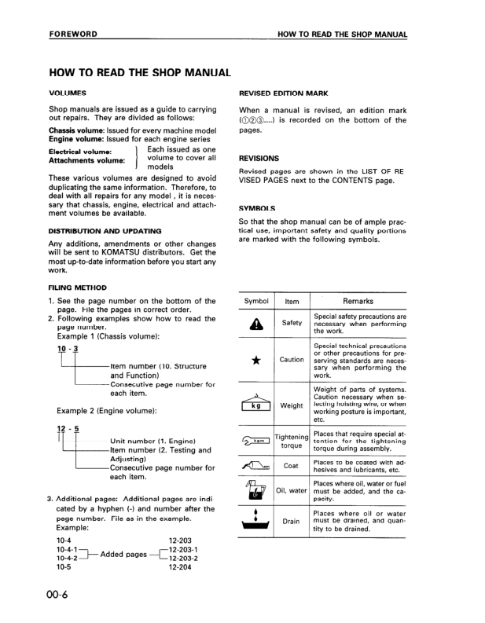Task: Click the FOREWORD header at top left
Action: (73, 35)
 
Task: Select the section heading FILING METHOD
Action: (77, 288)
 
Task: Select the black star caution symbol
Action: (255, 361)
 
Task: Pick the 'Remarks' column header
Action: (358, 301)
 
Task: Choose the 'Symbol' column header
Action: (256, 301)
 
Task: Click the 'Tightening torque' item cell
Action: (292, 442)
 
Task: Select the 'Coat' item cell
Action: (292, 466)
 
